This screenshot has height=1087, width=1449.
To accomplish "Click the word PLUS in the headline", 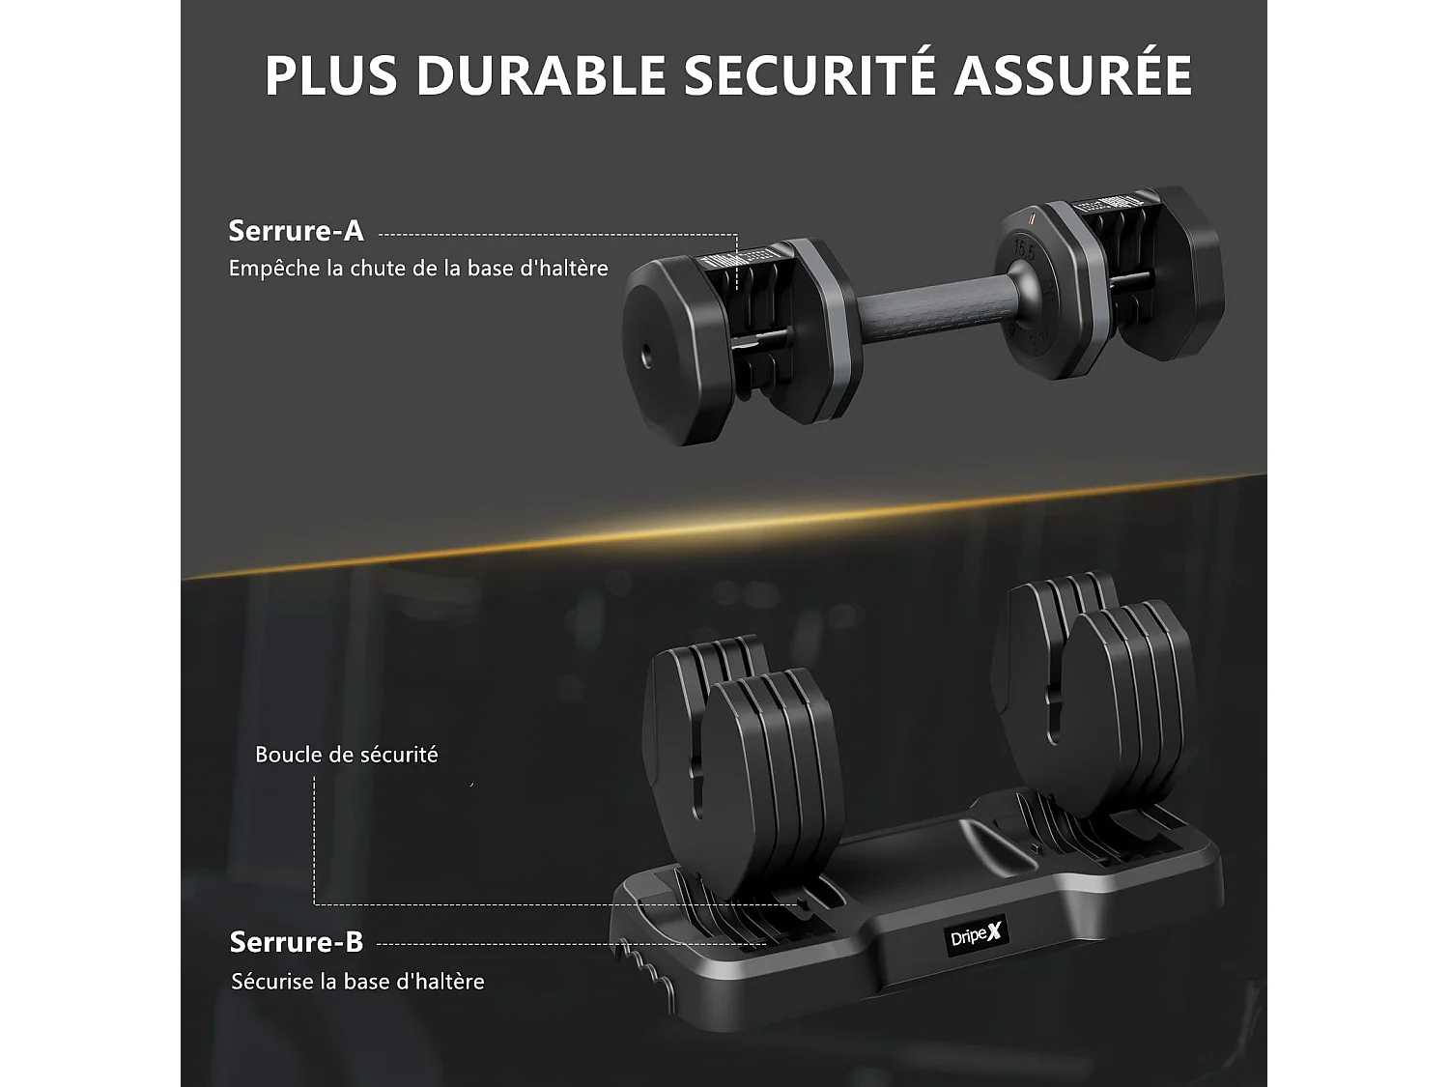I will click(x=330, y=75).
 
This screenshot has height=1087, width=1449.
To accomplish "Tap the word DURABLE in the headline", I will click(x=540, y=75).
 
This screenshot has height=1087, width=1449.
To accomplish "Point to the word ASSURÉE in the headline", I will click(x=1072, y=75).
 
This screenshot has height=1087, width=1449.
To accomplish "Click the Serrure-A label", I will click(x=296, y=231).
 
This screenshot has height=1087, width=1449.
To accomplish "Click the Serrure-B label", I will click(x=296, y=941).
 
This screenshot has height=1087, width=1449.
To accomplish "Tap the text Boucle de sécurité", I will click(x=346, y=755).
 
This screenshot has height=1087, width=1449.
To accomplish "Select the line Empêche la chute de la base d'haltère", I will click(x=418, y=269).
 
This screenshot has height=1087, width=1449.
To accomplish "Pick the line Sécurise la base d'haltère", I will click(x=357, y=982).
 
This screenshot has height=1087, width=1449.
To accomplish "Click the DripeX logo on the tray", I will click(x=978, y=935).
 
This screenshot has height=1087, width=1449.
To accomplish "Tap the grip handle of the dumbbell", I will click(x=927, y=309).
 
